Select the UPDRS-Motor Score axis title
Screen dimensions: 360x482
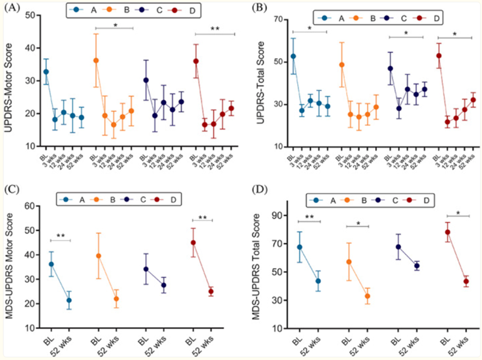pos(9,80)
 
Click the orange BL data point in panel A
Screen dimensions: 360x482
pos(96,60)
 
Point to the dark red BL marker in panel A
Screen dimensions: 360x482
pos(196,61)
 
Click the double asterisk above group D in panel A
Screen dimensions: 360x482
pos(215,28)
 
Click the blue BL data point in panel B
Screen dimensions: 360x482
pos(293,56)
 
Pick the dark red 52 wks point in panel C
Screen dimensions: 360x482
pos(212,292)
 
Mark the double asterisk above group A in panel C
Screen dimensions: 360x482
pos(60,236)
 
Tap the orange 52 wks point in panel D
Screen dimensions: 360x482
pos(368,296)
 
